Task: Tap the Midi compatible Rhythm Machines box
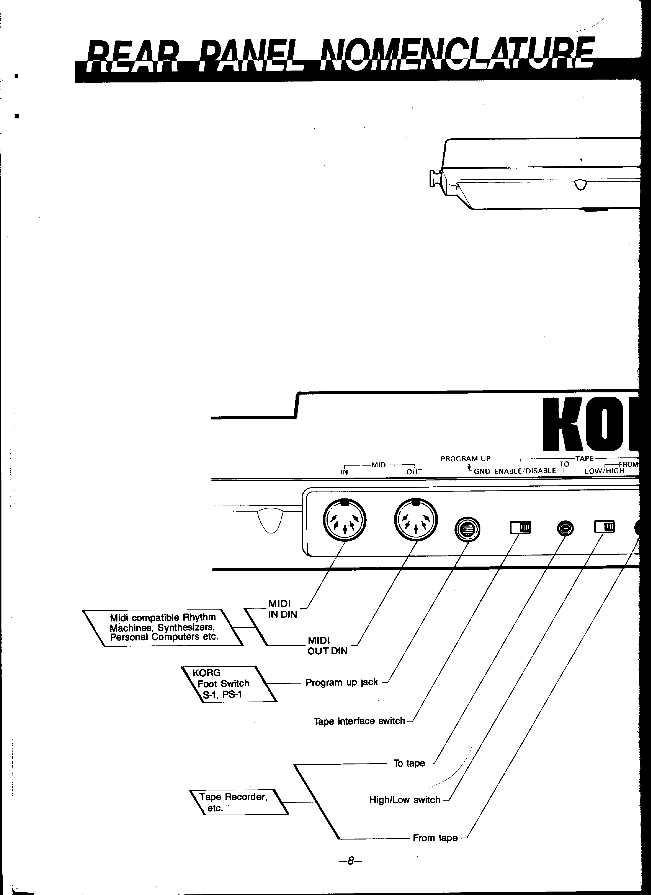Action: (163, 627)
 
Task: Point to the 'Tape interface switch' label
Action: (359, 721)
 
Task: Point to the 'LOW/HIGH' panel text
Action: (604, 471)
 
